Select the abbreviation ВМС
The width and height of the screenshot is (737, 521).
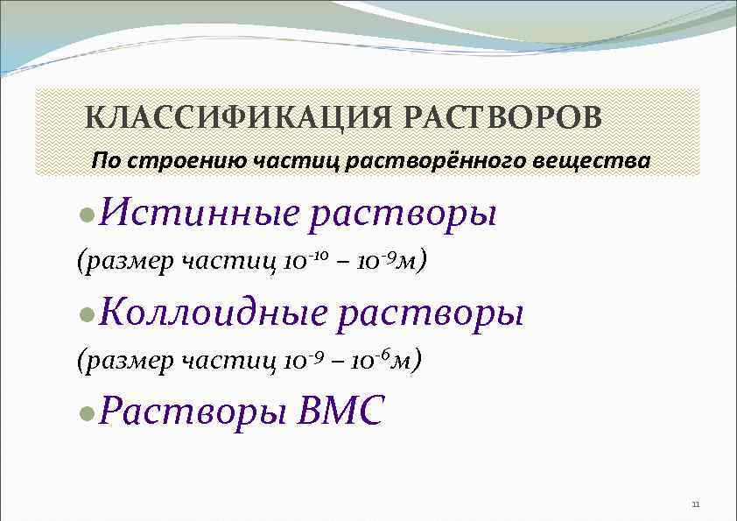coord(341,411)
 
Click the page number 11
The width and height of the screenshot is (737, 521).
coord(696,504)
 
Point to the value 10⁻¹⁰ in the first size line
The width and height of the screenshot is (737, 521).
coord(307,260)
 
